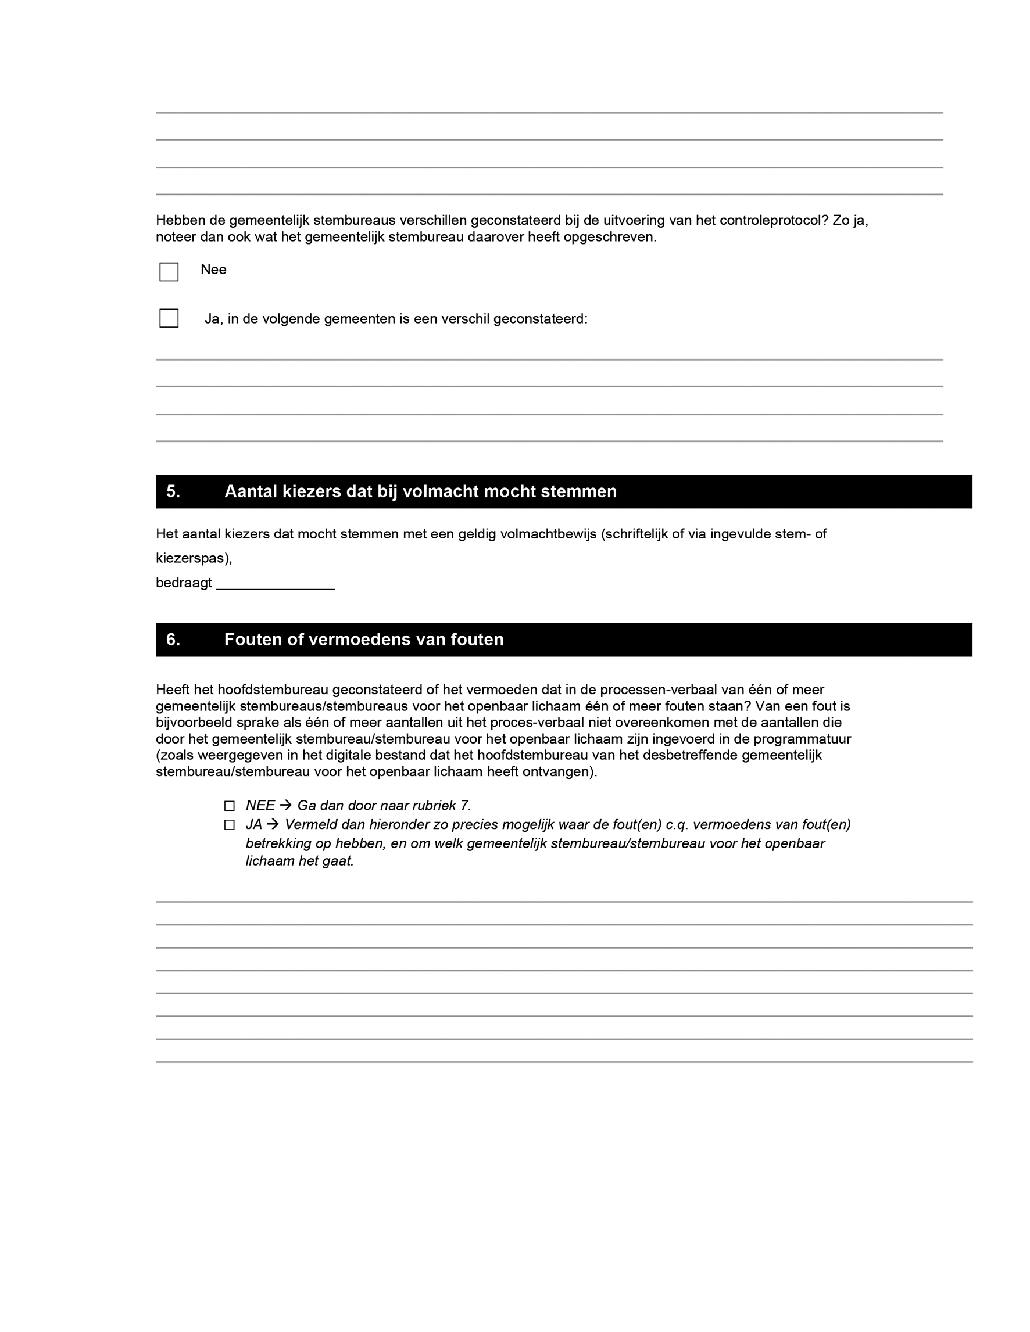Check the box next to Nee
point(169,272)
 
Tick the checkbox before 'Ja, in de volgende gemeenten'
point(169,318)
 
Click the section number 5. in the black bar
point(173,491)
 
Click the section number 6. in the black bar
point(173,640)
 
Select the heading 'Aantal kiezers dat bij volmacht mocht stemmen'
point(420,491)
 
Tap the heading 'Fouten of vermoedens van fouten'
point(364,640)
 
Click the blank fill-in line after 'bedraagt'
point(276,584)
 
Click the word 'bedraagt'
point(184,583)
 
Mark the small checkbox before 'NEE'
point(230,806)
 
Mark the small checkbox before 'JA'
point(230,825)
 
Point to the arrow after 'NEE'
point(285,806)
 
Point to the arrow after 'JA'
point(273,824)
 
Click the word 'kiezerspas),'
point(194,559)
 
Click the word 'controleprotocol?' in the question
point(774,221)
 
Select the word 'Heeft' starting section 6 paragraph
point(173,690)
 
